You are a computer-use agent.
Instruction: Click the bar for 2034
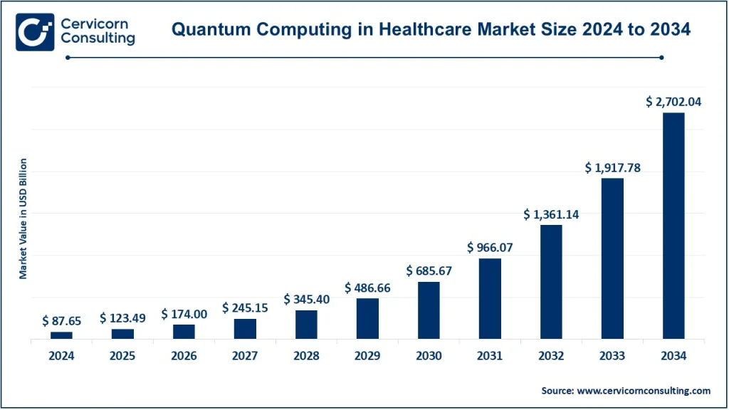tap(673, 226)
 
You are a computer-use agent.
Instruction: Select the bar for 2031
tap(490, 298)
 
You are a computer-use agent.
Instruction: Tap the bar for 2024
tap(61, 335)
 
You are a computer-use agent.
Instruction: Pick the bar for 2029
tap(367, 318)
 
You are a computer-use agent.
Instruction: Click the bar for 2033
tap(612, 258)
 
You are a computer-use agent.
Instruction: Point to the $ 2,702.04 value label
tap(673, 102)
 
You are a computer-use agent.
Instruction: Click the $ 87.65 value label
tap(61, 321)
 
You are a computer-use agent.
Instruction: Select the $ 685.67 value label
tap(429, 271)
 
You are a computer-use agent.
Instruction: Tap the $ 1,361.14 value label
tap(551, 214)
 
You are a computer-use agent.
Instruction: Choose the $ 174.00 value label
tap(184, 314)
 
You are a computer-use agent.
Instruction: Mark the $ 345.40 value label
tap(306, 300)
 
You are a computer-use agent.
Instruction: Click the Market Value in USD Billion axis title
tap(23, 218)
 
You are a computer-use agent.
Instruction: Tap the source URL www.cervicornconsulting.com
tap(644, 390)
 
